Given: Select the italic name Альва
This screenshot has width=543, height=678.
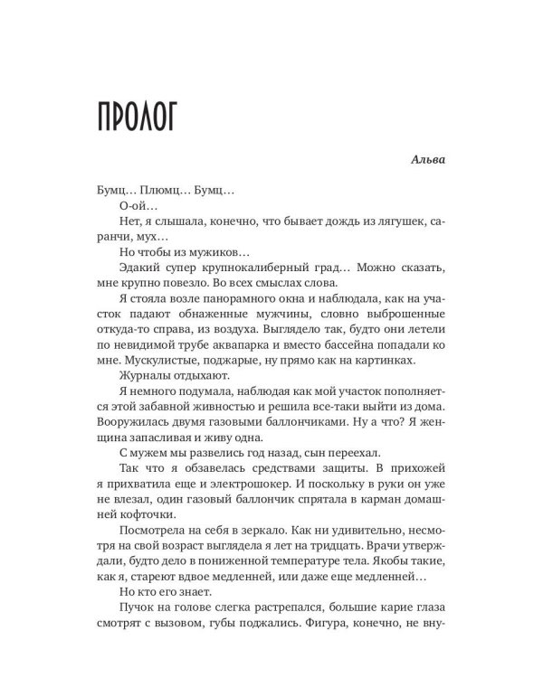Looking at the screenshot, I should point(424,163).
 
